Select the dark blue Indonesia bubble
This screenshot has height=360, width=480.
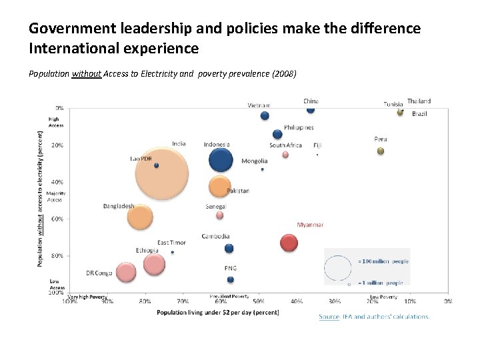[x=221, y=159]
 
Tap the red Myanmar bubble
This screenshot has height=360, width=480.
[x=289, y=243]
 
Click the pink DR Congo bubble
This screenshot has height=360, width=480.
[x=125, y=272]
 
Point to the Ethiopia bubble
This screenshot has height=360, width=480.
[x=154, y=265]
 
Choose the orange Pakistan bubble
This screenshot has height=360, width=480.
[x=219, y=187]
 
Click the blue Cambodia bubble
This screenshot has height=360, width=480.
[x=229, y=248]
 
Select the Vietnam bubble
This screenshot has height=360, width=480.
[x=265, y=115]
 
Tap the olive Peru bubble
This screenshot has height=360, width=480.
[x=381, y=151]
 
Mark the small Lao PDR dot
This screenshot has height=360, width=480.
[x=156, y=165]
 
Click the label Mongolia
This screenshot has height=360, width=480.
[x=254, y=161]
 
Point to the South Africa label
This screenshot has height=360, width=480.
[x=285, y=145]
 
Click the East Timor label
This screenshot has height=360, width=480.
[x=171, y=243]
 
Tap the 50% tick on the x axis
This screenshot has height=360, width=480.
[x=259, y=301]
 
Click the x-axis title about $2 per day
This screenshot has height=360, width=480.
[x=217, y=312]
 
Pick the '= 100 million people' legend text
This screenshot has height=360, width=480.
[x=383, y=261]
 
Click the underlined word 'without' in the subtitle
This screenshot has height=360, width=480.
[x=86, y=74]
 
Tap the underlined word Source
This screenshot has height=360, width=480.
[x=329, y=317]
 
